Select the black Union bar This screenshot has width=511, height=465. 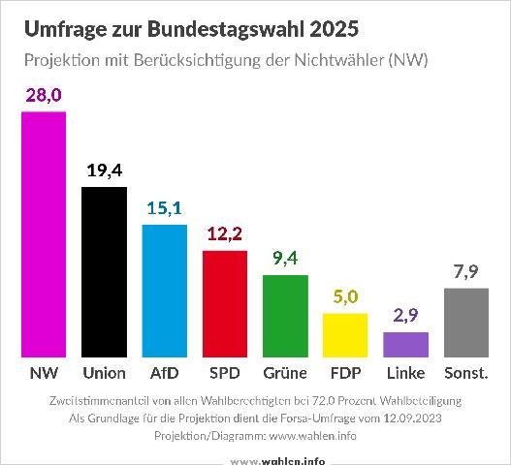click(104, 272)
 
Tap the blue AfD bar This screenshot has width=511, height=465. click(164, 291)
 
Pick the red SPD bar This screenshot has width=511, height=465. click(225, 303)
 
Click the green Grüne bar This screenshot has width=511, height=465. click(285, 316)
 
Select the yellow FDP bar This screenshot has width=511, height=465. click(345, 335)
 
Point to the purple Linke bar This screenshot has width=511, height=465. click(405, 345)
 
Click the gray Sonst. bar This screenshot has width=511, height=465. click(465, 323)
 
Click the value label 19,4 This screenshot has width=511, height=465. click(104, 170)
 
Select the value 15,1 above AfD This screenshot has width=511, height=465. click(164, 208)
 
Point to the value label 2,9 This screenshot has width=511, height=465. click(405, 316)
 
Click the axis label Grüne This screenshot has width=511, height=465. click(285, 373)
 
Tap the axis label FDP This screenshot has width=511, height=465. click(345, 373)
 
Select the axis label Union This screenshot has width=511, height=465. click(104, 373)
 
